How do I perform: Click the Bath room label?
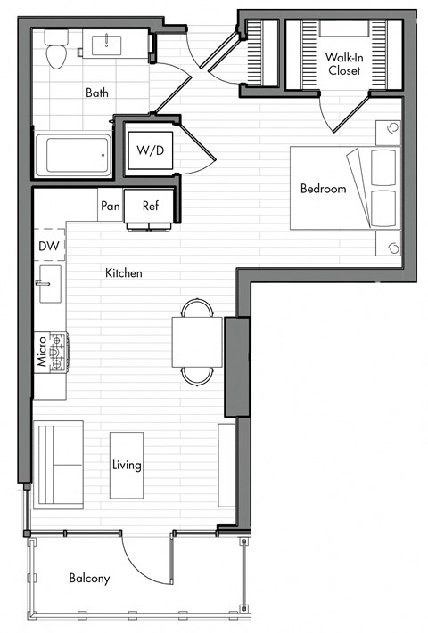(x=97, y=92)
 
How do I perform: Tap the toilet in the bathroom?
(x=58, y=49)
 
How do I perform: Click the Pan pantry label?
(x=110, y=206)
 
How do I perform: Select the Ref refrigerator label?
(x=151, y=206)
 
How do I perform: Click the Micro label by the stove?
(x=41, y=351)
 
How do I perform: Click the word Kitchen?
(x=124, y=272)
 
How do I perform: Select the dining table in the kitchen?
(x=197, y=341)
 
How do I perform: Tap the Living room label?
(x=126, y=465)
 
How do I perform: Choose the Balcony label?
(x=89, y=579)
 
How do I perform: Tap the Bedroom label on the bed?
(x=323, y=189)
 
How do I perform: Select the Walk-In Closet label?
(x=343, y=63)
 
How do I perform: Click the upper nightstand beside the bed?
(x=388, y=133)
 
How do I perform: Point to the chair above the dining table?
(x=197, y=309)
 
